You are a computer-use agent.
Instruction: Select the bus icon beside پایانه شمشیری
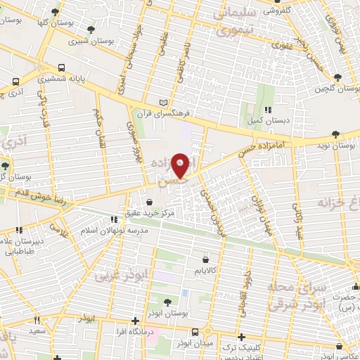(x=63, y=68)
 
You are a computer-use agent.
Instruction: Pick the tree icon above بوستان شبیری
(x=91, y=30)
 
